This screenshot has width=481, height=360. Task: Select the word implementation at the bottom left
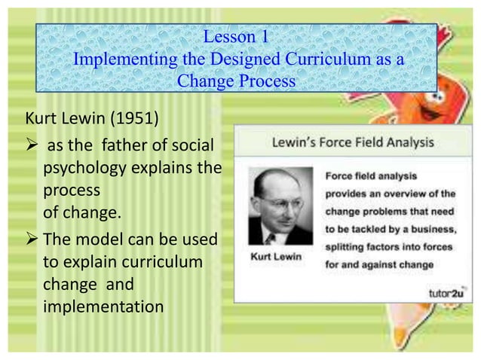(x=103, y=307)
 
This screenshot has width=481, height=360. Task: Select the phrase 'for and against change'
(x=379, y=264)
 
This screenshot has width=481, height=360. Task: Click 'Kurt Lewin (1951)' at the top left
(x=79, y=121)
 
